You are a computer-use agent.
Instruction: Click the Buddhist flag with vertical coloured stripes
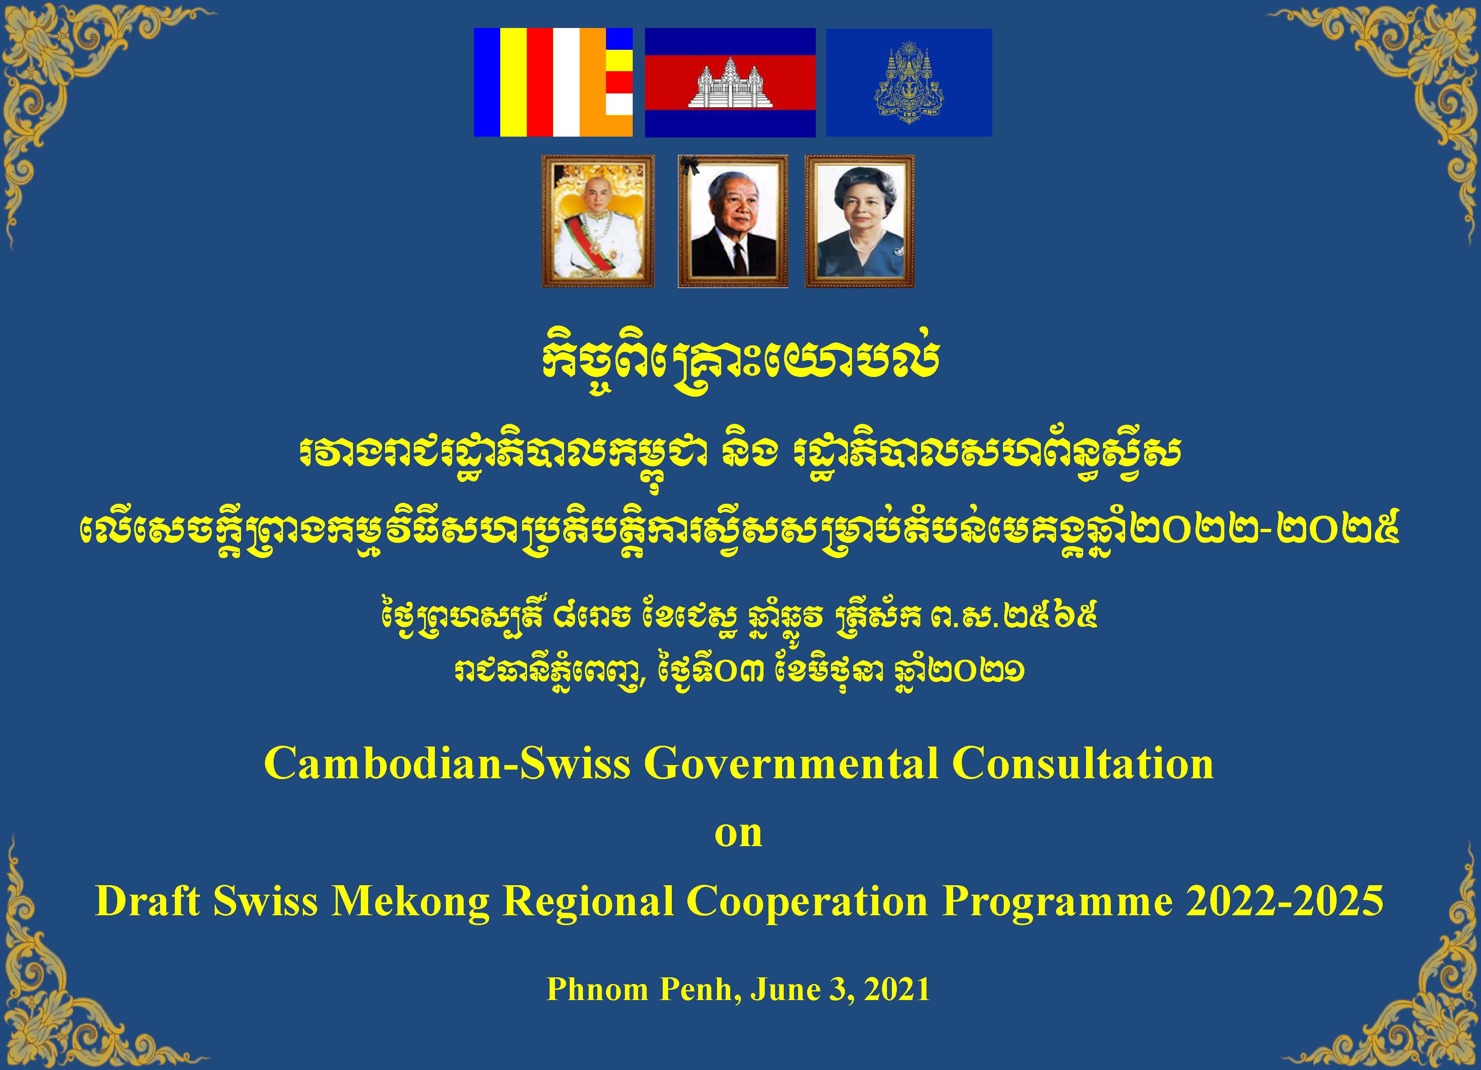pos(553,82)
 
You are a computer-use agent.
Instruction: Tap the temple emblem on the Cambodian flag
pos(730,83)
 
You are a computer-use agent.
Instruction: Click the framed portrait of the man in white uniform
pos(598,221)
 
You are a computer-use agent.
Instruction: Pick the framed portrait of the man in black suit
pos(733,221)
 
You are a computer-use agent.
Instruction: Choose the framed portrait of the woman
pos(859,221)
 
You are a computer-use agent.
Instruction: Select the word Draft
pos(148,901)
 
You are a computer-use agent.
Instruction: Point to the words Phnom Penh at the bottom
pos(644,989)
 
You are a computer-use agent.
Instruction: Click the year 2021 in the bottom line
pos(897,989)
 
